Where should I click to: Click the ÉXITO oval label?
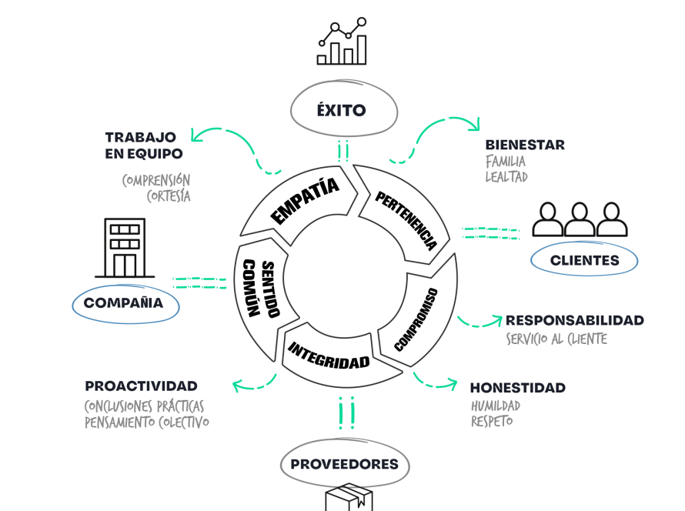tap(342, 110)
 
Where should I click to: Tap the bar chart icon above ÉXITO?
tap(342, 44)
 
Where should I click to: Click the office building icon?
tap(125, 248)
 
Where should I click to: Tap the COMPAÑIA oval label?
tap(124, 303)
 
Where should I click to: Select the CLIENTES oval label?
tap(584, 260)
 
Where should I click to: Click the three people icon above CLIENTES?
tap(580, 219)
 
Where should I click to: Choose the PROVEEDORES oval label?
tap(344, 464)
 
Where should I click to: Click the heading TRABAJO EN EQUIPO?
tap(144, 145)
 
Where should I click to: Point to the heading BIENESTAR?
tap(524, 145)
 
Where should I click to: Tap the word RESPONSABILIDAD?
tap(574, 320)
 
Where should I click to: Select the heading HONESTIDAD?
tap(517, 388)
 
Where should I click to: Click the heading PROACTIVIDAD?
tap(141, 386)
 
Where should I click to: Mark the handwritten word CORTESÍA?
tap(168, 196)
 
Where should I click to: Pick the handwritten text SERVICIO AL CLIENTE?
tap(556, 339)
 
